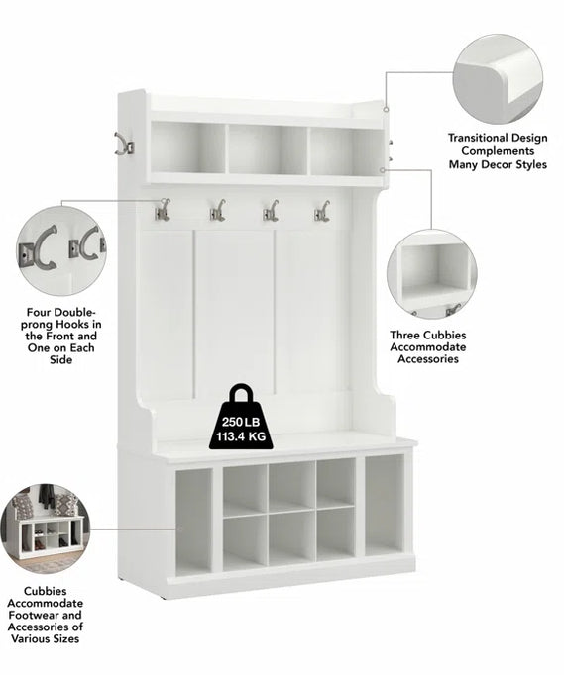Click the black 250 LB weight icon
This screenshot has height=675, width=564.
(242, 418)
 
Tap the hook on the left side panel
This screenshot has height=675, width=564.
(124, 144)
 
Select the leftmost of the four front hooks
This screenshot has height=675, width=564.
(163, 210)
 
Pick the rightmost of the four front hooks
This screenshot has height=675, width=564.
(322, 211)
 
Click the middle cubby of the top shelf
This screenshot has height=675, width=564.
(268, 149)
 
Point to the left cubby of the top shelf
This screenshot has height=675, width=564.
(188, 147)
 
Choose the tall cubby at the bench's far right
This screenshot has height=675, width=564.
(385, 505)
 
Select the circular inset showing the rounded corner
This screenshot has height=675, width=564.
(498, 79)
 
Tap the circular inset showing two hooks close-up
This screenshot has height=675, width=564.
(61, 250)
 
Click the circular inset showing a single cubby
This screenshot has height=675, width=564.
(432, 274)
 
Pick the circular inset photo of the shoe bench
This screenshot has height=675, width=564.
(46, 529)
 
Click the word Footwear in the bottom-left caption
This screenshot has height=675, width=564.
(30, 616)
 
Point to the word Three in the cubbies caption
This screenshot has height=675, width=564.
(404, 335)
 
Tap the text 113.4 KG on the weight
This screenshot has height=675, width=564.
(241, 436)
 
